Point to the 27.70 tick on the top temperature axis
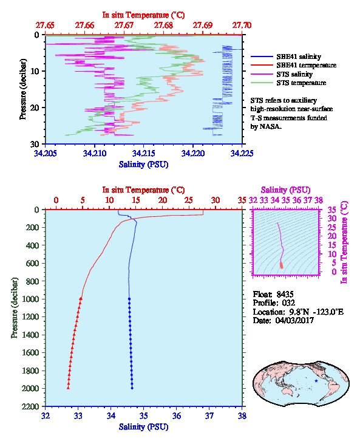coord(242,26)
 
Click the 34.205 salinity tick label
coord(46,153)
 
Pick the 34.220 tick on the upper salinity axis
coord(193,153)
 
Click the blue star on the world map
coord(316,381)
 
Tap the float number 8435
coord(285,294)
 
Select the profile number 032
coord(288,303)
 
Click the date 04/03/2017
coord(294,320)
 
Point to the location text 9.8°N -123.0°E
coord(316,312)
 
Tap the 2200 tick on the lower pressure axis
coord(31,406)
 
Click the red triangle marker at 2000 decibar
coord(68,388)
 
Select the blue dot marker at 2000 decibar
coord(132,388)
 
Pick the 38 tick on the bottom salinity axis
coord(242,415)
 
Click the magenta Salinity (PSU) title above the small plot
coord(286,190)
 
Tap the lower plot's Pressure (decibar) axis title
coord(15,308)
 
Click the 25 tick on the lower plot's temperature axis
coord(189,200)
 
